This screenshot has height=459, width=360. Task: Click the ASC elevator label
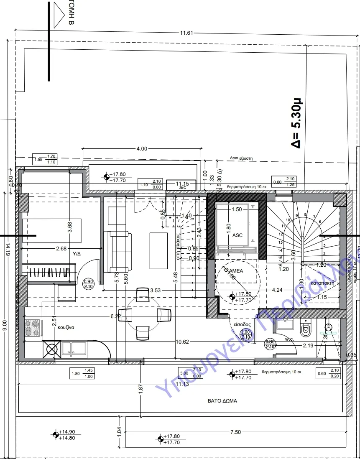[x=237, y=235]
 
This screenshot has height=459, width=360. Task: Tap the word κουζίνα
[x=66, y=327]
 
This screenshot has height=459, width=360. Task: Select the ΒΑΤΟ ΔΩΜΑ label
[x=222, y=400]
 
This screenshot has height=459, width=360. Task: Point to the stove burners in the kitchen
[x=33, y=327]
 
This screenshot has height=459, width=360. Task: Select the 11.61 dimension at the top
[x=186, y=33]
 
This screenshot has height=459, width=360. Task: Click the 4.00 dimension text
[x=142, y=148]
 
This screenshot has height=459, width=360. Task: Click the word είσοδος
[x=242, y=324]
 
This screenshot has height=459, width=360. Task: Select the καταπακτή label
[x=322, y=283]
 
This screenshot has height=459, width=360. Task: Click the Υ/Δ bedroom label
[x=77, y=254]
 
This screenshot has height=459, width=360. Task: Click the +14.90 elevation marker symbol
[x=55, y=435]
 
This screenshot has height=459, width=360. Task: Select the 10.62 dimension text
[x=182, y=342]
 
